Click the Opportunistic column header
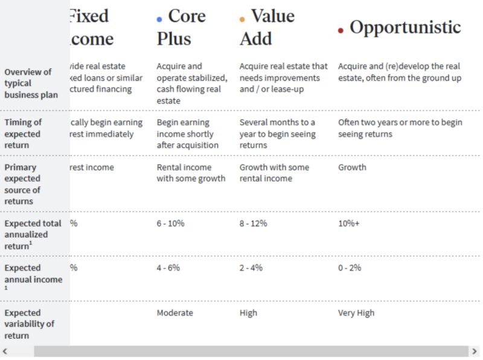click(405, 27)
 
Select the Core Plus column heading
click(181, 27)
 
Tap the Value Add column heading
click(267, 27)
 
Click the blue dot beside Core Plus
click(159, 19)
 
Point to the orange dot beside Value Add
click(242, 19)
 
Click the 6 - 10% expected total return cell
click(170, 223)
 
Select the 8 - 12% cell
click(253, 223)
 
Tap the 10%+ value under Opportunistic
click(350, 223)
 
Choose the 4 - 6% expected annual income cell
click(168, 268)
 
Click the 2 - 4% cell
click(251, 268)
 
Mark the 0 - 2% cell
click(349, 268)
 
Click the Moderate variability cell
click(175, 312)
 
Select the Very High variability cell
click(356, 312)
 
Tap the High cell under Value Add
click(248, 312)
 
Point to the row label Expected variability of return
click(29, 324)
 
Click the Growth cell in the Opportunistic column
click(352, 167)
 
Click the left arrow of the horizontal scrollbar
click(5, 352)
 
